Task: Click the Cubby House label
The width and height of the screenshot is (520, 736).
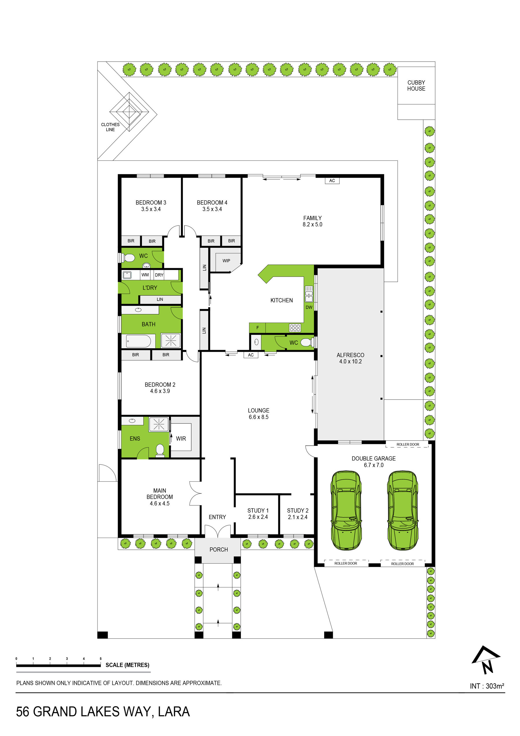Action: [x=416, y=86]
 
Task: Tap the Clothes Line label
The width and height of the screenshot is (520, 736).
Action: [x=110, y=127]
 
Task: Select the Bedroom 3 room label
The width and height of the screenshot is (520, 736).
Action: [x=151, y=203]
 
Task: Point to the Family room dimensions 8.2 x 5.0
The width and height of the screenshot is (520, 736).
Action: [x=312, y=224]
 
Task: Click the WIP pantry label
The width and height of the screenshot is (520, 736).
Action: [x=226, y=261]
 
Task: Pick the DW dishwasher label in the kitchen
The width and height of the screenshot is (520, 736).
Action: [x=309, y=307]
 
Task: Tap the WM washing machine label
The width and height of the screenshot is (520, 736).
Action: [x=145, y=275]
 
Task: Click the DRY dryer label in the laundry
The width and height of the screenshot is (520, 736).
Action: [x=159, y=275]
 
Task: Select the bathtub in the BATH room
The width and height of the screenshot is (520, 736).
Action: [x=138, y=341]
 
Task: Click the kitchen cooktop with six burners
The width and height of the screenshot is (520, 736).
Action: [x=295, y=328]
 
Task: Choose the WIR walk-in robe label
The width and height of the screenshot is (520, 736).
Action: [x=181, y=439]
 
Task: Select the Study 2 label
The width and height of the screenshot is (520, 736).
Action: [x=298, y=511]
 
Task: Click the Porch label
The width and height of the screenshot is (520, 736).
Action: [x=219, y=550]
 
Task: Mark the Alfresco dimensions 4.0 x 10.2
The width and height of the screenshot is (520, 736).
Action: [x=350, y=361]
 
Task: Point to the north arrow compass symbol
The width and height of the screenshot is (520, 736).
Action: [x=486, y=660]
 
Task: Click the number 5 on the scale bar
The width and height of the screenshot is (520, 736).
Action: [x=101, y=659]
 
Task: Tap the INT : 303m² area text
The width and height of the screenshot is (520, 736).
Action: [x=487, y=686]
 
